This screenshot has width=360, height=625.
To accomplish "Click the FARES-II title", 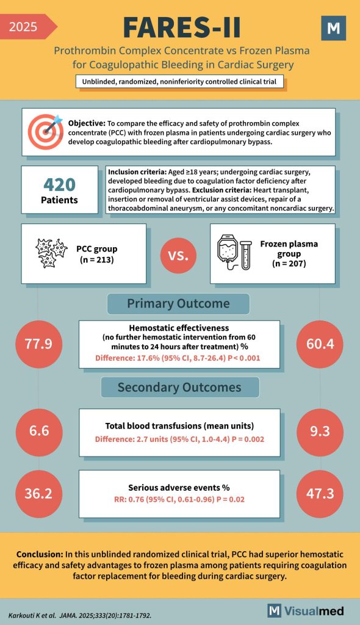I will pos(182,27).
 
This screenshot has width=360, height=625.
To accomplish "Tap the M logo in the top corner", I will pos(333,28).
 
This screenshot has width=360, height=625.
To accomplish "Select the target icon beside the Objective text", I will pos(45,131).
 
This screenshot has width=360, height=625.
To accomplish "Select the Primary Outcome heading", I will pos(178,303).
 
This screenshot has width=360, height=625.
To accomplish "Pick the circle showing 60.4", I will pos(320,344).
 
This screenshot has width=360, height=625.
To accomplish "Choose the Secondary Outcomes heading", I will pos(179,387).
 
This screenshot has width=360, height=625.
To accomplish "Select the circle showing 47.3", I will pos(320,493).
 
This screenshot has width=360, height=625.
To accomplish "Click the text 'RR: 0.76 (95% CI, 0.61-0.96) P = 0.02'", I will pos(179,499).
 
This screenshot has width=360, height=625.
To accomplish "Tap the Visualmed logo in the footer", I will pos(306,610).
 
